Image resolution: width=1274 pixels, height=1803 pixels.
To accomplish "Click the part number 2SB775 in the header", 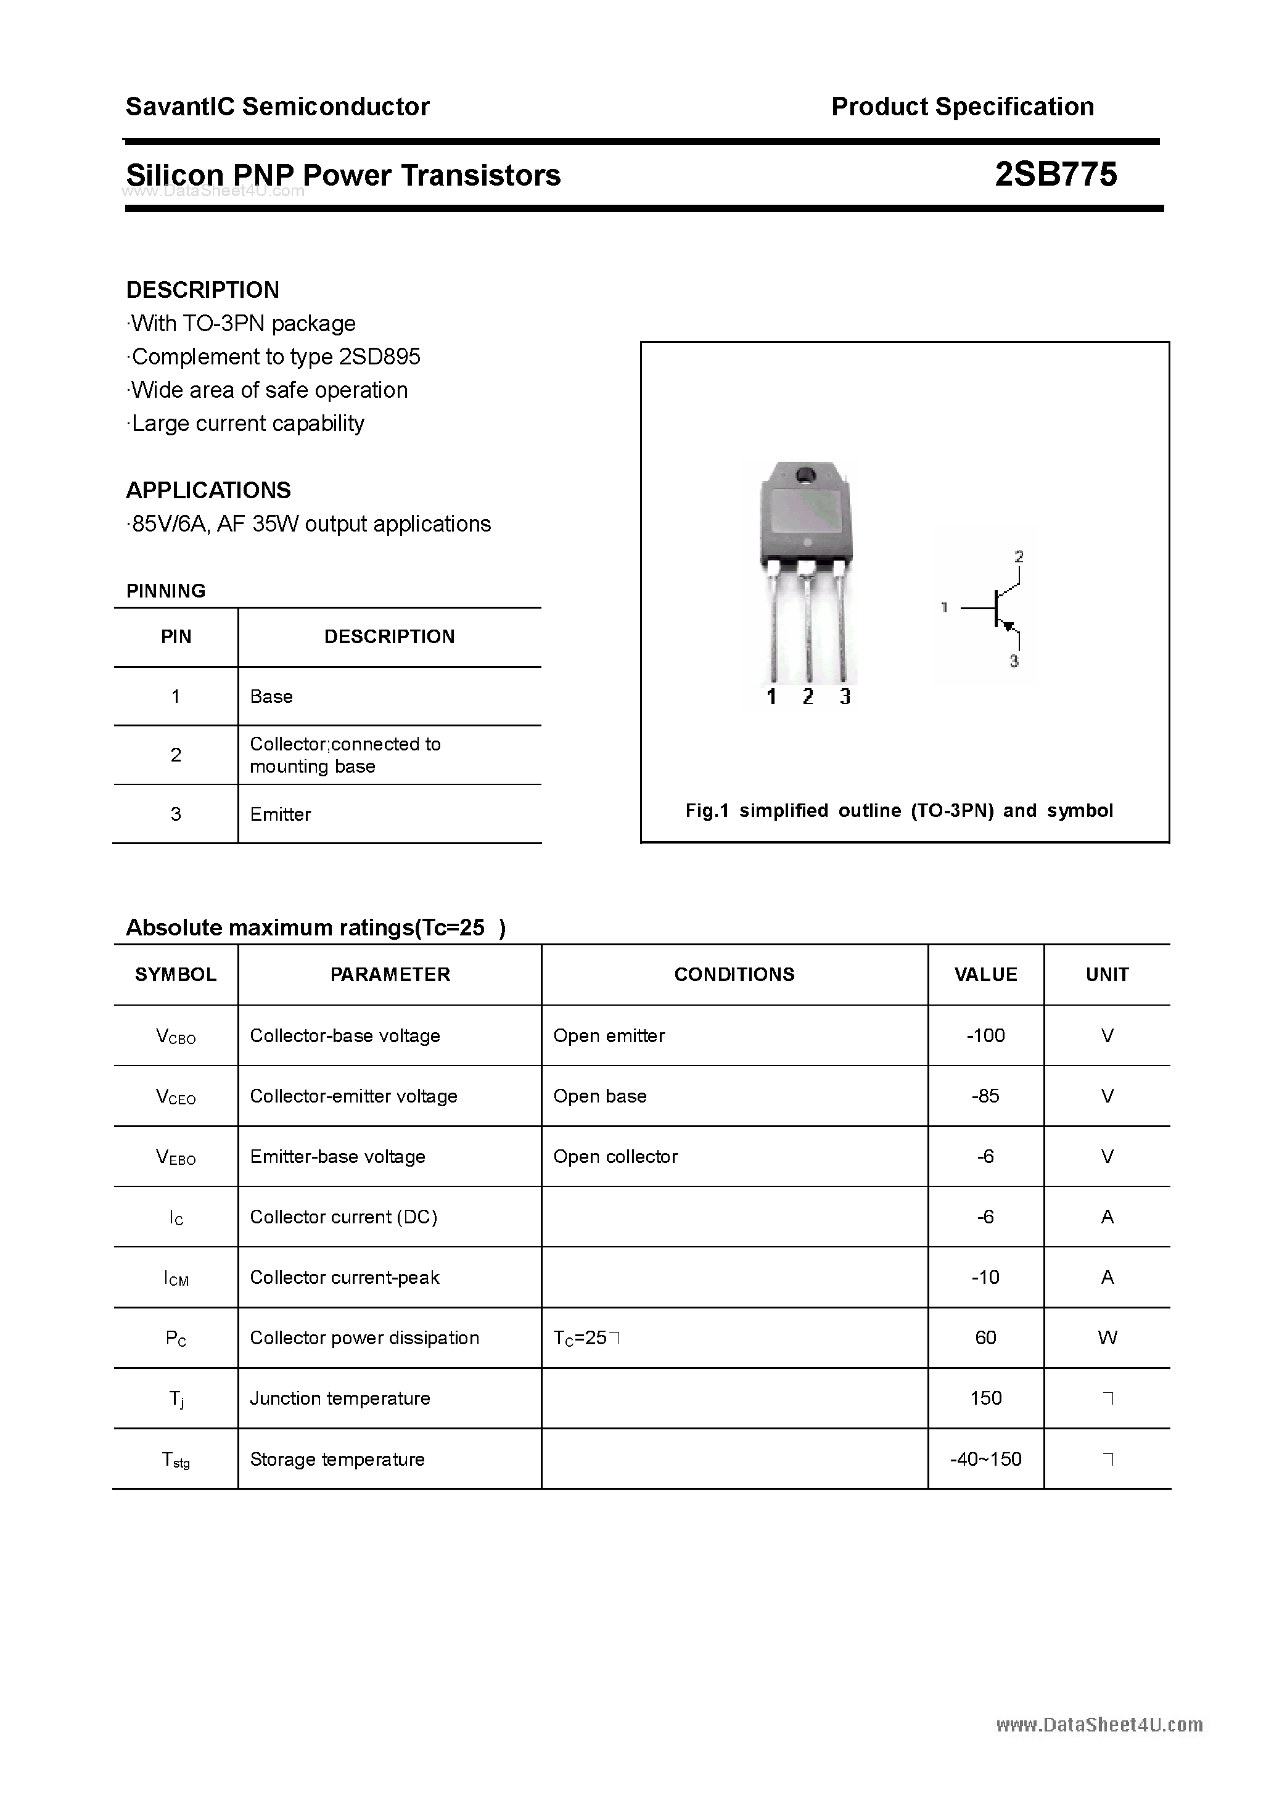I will (x=1055, y=175).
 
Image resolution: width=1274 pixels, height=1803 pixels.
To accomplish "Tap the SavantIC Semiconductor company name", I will (x=277, y=107).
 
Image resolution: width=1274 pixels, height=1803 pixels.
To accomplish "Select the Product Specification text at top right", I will (x=962, y=107).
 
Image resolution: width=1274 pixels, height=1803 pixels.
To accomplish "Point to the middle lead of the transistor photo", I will (x=807, y=628).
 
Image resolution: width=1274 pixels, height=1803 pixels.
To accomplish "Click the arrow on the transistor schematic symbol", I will (x=1009, y=626).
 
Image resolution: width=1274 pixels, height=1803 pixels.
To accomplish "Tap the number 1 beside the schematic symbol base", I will (x=944, y=607).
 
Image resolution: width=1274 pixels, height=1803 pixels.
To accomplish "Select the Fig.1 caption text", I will (x=898, y=810).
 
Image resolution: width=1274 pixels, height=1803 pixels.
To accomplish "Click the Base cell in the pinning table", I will (x=271, y=697).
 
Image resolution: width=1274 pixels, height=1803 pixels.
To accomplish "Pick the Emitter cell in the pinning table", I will (x=281, y=815).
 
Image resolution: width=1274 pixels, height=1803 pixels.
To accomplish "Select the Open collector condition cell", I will (x=615, y=1157).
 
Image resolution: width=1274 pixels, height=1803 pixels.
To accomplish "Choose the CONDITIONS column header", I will (x=734, y=974).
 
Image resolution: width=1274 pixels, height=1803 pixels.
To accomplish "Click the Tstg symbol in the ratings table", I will (x=176, y=1460).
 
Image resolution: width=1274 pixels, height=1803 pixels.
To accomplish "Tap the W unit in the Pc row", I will (x=1107, y=1338).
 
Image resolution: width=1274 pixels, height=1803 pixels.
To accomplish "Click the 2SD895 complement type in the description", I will (x=379, y=357).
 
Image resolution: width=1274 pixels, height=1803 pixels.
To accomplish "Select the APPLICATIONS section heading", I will (x=208, y=491).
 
